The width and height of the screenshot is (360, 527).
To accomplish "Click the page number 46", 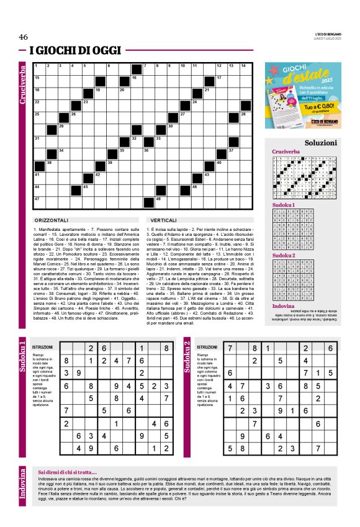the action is pyautogui.click(x=24, y=37).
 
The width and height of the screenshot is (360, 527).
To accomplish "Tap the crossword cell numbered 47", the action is pyautogui.click(x=38, y=200).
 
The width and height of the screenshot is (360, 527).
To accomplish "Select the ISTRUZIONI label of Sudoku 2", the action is pyautogui.click(x=205, y=346).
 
